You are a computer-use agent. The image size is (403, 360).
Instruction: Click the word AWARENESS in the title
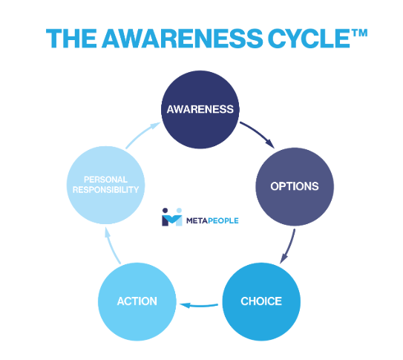pos(183,39)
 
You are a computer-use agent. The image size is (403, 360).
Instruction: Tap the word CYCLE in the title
pos(309,39)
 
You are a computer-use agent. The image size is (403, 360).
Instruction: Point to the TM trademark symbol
pos(359,33)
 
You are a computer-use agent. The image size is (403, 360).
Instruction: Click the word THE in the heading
pos(71,39)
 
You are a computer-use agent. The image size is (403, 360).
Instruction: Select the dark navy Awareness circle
pos(200,109)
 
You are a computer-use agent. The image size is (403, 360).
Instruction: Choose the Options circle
pos(295,186)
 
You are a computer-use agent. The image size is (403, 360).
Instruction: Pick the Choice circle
pos(261,301)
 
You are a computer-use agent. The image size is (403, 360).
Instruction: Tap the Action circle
pos(137,301)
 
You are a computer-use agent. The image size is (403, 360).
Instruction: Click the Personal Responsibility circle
pos(105,185)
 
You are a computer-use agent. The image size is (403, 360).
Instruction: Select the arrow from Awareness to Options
pos(258,134)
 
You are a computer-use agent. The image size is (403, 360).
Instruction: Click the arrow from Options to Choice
pos(289,247)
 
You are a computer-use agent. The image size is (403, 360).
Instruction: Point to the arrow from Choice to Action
pos(199,306)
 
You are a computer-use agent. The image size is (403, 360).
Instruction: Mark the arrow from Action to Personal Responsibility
pos(111,246)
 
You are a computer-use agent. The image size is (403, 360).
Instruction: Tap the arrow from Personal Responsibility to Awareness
pos(142,134)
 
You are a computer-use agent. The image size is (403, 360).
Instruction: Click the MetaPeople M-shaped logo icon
pos(172,217)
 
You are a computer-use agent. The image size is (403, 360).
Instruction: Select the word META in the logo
pos(197,220)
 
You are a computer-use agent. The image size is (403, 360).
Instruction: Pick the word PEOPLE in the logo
pos(223,220)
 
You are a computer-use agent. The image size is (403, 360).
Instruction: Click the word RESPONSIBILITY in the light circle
pos(105,190)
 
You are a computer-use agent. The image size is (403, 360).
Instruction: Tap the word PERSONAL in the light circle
pos(105,180)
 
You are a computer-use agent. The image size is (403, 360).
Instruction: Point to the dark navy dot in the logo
pos(166,211)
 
